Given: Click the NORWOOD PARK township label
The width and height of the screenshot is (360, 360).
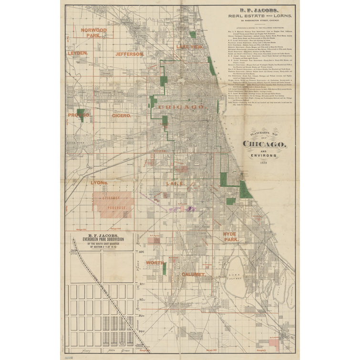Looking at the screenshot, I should pos(93,32).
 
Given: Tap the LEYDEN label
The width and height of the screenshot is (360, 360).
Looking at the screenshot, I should pos(77,53).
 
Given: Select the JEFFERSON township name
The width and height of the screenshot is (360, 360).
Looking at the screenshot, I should pos(129,54).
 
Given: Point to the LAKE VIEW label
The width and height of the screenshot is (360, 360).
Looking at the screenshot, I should pos(189,47).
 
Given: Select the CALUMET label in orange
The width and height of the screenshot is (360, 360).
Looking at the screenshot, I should pos(193,275).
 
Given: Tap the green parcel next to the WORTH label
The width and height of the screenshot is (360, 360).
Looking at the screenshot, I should pos(164,267).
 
